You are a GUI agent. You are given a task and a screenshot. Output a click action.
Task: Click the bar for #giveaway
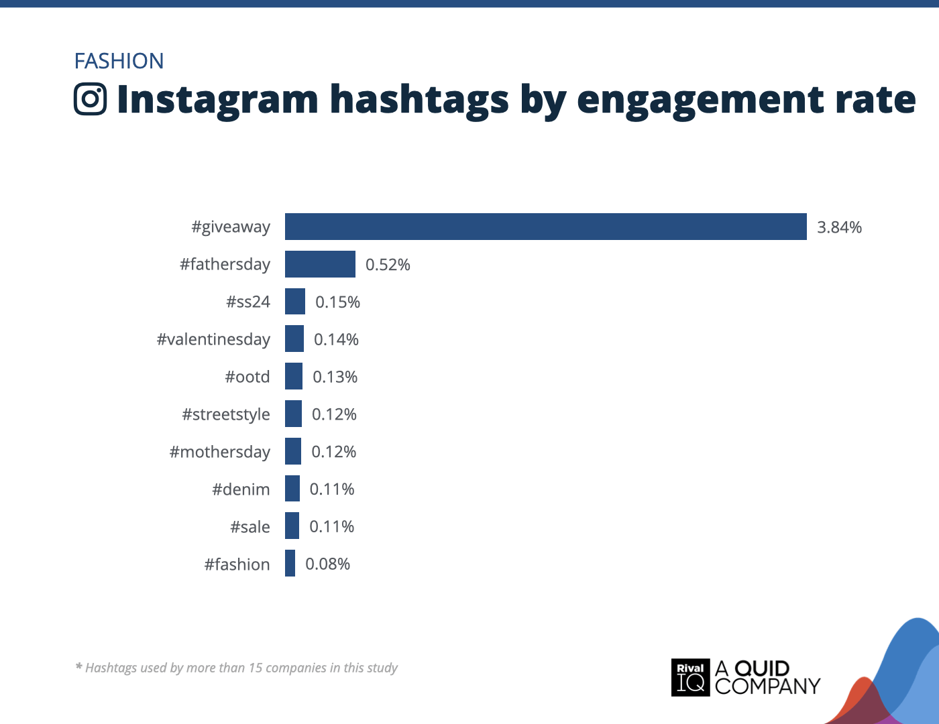click(545, 227)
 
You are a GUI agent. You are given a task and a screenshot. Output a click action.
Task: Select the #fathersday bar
click(320, 264)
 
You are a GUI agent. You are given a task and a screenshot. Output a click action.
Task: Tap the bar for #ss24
click(295, 302)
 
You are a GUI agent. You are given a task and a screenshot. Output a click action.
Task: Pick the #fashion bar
click(290, 564)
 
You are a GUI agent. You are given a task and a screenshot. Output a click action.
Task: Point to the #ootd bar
click(294, 376)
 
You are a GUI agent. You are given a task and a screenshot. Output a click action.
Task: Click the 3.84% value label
click(839, 227)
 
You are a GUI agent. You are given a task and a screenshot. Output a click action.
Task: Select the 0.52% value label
click(388, 265)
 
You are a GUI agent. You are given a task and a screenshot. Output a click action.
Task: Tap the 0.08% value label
click(327, 564)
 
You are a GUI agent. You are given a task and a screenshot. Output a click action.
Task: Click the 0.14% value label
click(336, 340)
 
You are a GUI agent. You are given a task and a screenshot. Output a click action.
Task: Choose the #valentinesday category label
click(213, 339)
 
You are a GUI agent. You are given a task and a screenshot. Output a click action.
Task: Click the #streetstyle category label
click(226, 414)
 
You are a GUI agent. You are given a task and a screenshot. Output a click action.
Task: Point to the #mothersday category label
click(220, 452)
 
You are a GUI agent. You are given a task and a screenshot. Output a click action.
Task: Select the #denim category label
click(241, 489)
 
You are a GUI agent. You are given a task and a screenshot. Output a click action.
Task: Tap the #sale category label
click(250, 527)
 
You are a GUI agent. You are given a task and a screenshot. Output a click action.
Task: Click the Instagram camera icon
click(91, 99)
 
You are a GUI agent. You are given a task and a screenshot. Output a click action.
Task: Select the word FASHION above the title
click(119, 61)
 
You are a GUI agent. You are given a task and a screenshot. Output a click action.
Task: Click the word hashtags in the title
click(419, 100)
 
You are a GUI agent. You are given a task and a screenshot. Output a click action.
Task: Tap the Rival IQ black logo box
click(690, 677)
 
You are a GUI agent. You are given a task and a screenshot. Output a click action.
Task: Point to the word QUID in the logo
click(762, 668)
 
